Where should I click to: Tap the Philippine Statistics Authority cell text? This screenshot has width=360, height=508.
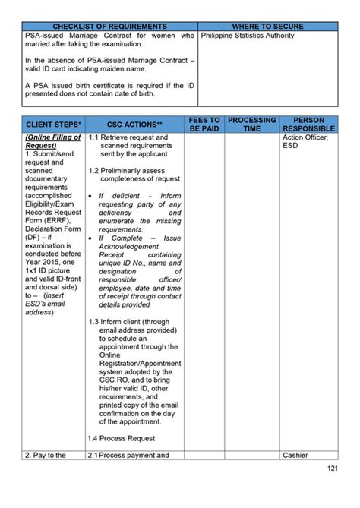(248, 36)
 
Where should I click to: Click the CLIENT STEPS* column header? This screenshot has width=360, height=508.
(53, 124)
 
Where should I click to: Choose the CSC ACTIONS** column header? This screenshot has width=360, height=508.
(134, 124)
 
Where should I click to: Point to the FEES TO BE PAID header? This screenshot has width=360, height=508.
(204, 125)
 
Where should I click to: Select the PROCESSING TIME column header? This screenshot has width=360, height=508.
(252, 125)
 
